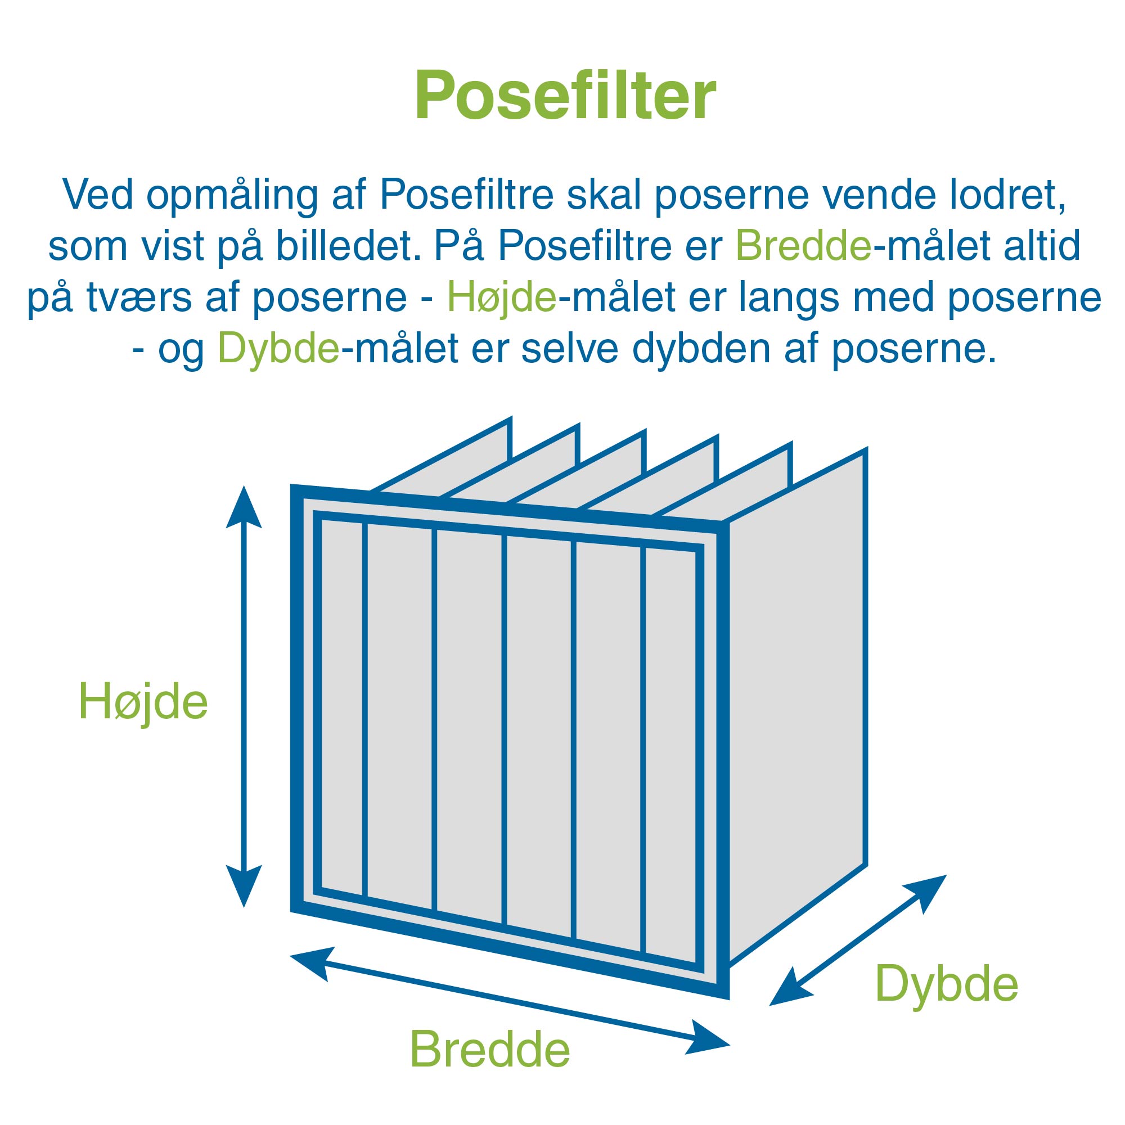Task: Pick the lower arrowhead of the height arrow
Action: click(x=244, y=886)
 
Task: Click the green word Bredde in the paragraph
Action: click(x=804, y=246)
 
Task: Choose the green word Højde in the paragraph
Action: click(x=502, y=297)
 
